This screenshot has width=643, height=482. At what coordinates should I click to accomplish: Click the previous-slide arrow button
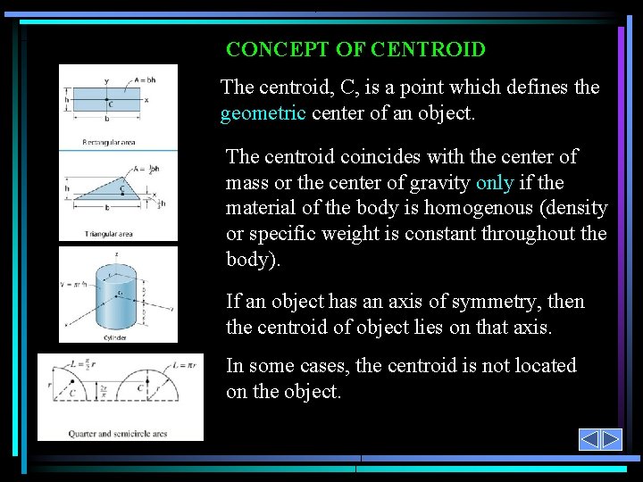[589, 439]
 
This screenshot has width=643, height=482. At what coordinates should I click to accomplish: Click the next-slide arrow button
[611, 439]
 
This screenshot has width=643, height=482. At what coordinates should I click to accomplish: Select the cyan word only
[494, 182]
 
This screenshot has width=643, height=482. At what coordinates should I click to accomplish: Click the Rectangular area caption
[108, 142]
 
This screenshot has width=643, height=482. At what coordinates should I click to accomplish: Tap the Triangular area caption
[107, 234]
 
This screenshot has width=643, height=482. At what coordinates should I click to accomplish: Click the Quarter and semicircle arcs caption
[118, 435]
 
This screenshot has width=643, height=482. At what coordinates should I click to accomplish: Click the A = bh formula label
[145, 79]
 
